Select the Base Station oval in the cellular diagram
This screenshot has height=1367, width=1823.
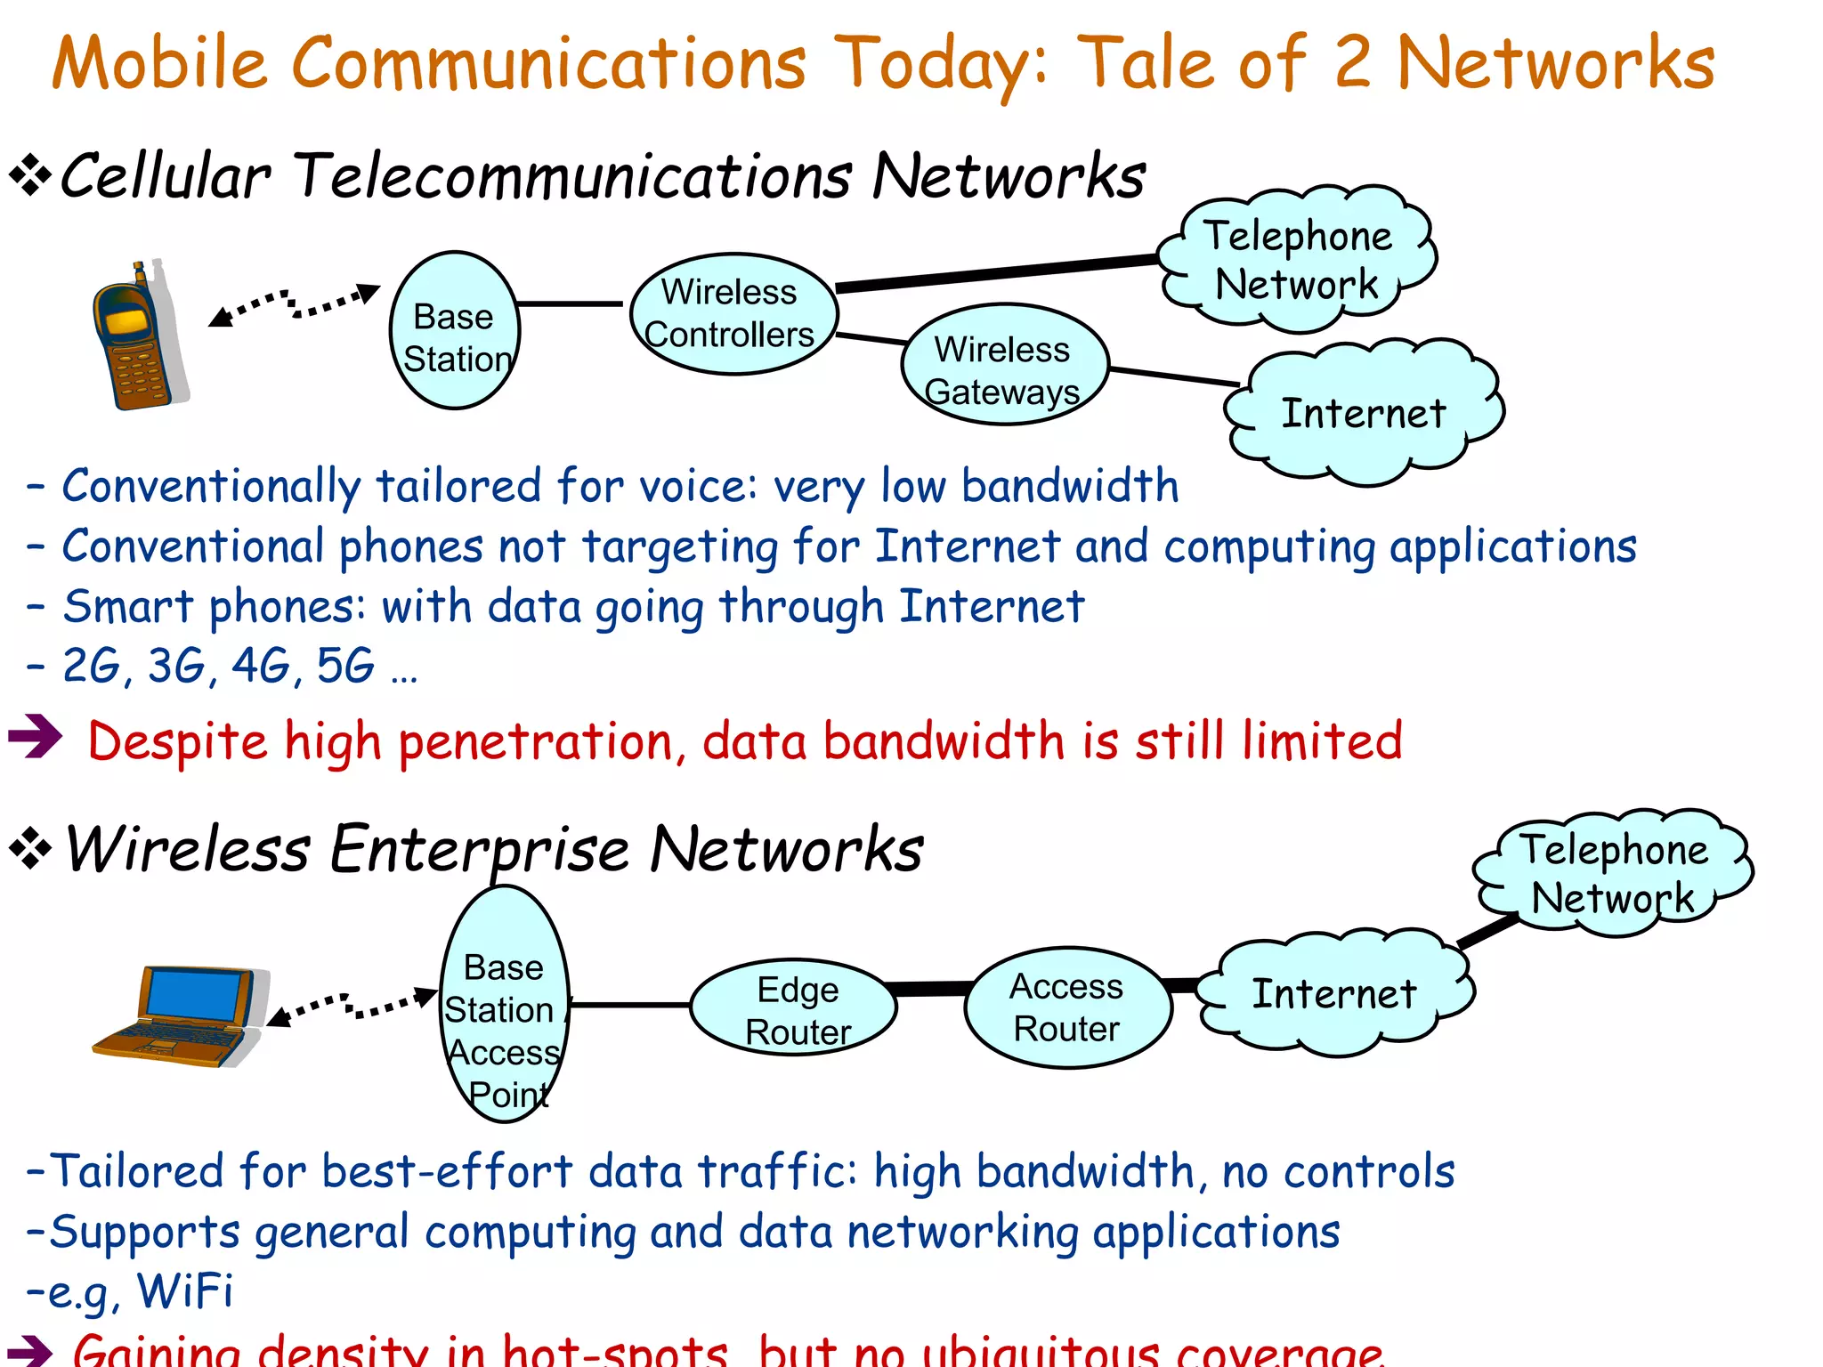coord(455,331)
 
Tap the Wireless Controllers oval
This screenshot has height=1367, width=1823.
coord(733,313)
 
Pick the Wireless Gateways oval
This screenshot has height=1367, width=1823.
coord(1004,365)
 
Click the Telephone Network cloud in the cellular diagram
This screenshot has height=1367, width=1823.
coord(1298,260)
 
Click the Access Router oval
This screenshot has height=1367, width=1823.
coord(1067,1007)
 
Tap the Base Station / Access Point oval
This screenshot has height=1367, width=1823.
coord(505,1006)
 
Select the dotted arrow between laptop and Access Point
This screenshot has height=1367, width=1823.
coord(353,1006)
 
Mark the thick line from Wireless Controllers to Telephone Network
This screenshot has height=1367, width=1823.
coord(997,272)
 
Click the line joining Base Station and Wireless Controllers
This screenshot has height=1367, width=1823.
coord(571,304)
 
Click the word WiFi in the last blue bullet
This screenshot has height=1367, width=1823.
coord(185,1290)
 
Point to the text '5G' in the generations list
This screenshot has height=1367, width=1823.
coord(345,666)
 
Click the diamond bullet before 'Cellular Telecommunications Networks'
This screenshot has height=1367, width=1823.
coord(30,175)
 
